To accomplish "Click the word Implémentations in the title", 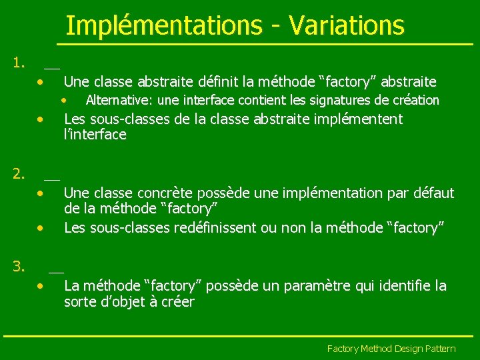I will tap(164, 26).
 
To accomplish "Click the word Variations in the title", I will tap(346, 26).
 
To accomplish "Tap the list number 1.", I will tap(19, 64).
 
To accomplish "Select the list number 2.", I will tap(19, 175).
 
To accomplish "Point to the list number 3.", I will tap(19, 267).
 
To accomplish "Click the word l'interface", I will tap(95, 135).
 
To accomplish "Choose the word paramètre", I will tap(313, 286).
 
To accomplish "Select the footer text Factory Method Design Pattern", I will tap(391, 349).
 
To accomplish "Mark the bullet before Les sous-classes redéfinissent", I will tap(41, 228).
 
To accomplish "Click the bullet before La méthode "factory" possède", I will tap(41, 286).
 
